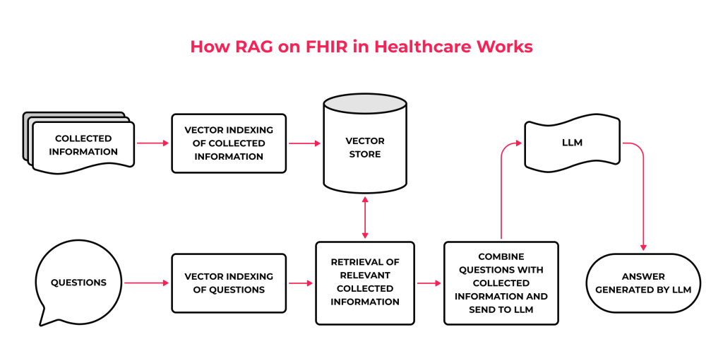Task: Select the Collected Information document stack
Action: click(x=82, y=143)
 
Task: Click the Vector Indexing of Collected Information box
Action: click(x=229, y=143)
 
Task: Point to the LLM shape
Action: click(x=572, y=143)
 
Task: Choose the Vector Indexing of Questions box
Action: click(x=229, y=283)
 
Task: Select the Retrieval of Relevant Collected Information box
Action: click(x=364, y=283)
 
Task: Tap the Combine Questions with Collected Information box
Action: click(x=501, y=283)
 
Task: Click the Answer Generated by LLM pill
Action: click(x=643, y=283)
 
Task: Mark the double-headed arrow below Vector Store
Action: click(x=365, y=217)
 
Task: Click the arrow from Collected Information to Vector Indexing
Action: click(x=153, y=143)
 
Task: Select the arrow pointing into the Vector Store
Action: click(x=304, y=143)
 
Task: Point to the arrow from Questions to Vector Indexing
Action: click(x=147, y=283)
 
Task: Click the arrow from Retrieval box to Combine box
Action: click(x=429, y=283)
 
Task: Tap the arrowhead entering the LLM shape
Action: click(x=518, y=143)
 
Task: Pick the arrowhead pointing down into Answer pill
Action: click(x=643, y=247)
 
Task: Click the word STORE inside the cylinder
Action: click(x=364, y=154)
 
